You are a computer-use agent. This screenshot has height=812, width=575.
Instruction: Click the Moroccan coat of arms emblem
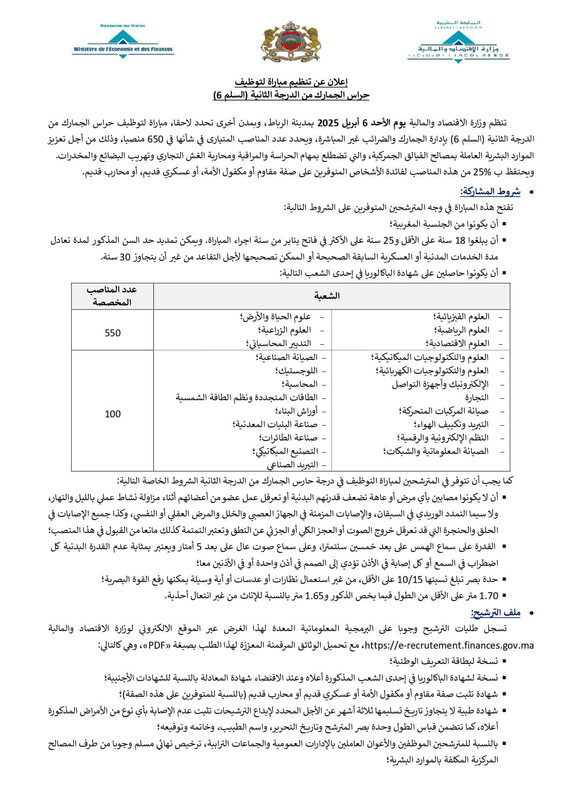click(x=291, y=42)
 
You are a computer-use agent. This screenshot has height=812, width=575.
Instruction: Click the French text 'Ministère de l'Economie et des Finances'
click(x=123, y=49)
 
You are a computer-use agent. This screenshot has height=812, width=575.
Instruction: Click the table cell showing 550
click(x=113, y=333)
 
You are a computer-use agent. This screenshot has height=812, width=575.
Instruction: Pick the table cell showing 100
click(x=113, y=414)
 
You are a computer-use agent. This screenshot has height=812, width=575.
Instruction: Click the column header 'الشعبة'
click(x=327, y=296)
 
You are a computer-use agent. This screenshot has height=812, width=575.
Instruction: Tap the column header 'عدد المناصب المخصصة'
click(x=112, y=296)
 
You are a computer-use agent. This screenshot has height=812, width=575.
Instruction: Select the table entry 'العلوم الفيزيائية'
click(x=461, y=317)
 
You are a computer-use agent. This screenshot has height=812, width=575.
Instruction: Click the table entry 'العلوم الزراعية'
click(x=284, y=330)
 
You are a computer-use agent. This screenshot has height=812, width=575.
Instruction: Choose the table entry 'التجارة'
click(x=477, y=397)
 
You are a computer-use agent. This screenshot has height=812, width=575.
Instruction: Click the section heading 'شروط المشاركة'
click(x=490, y=192)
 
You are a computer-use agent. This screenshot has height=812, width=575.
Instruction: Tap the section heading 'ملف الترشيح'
click(x=495, y=613)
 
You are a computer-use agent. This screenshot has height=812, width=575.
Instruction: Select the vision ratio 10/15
click(x=408, y=579)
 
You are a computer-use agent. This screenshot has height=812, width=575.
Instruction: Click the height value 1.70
click(x=489, y=596)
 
